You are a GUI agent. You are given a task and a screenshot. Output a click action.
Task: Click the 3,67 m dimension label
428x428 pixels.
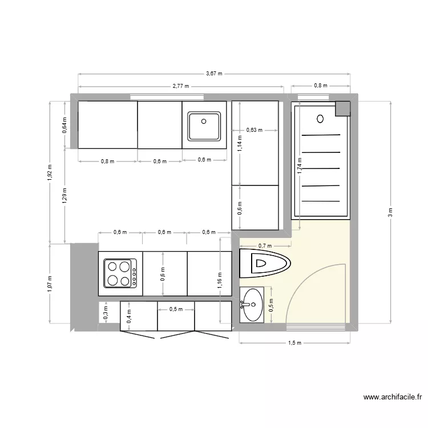214,74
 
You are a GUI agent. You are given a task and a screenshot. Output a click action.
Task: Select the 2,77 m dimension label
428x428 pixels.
180,86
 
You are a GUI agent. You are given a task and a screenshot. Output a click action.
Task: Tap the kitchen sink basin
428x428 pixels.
204,126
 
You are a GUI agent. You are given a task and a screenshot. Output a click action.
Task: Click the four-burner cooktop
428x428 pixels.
120,273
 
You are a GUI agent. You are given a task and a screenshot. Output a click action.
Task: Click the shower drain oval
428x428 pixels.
320,119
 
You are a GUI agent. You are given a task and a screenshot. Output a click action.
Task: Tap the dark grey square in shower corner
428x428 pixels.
342,108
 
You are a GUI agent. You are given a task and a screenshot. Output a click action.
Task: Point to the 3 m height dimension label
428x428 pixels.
390,212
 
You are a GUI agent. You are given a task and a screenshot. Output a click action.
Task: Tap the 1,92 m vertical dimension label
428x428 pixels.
50,172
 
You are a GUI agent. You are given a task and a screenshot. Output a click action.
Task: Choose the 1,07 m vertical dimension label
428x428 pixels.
50,284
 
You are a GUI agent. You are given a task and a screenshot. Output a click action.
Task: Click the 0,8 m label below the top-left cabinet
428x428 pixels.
107,161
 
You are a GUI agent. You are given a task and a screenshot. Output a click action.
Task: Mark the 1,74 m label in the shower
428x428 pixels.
300,165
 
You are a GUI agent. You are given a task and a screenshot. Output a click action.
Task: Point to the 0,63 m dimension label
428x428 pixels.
254,130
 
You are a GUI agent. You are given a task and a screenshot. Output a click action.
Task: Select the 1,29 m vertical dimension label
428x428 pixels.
65,195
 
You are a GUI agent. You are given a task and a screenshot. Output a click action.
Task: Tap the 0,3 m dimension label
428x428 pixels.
105,312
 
